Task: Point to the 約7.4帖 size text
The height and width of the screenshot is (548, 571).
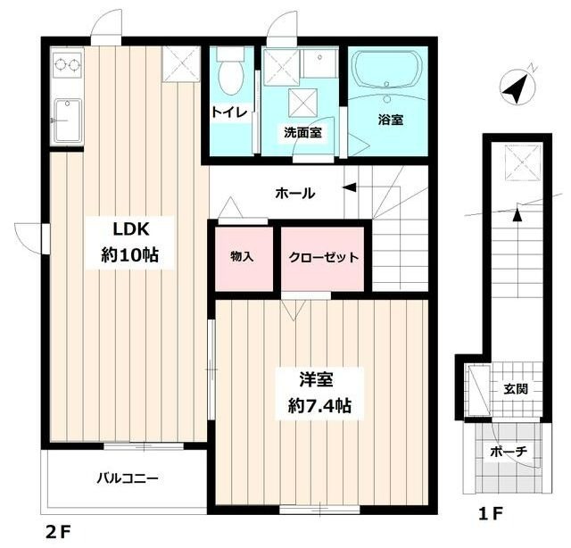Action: (x=319, y=405)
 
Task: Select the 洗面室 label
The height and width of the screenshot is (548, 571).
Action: (x=302, y=132)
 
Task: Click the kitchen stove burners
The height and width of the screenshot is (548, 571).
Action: (x=68, y=64)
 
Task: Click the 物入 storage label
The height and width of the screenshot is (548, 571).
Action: (x=242, y=257)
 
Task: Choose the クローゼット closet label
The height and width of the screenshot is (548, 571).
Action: (x=323, y=258)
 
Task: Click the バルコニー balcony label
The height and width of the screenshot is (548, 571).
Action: (x=127, y=477)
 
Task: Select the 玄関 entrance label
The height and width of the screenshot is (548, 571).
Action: (x=515, y=389)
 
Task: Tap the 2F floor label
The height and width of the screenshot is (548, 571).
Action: (x=58, y=532)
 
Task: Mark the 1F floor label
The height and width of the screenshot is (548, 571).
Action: (x=491, y=514)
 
